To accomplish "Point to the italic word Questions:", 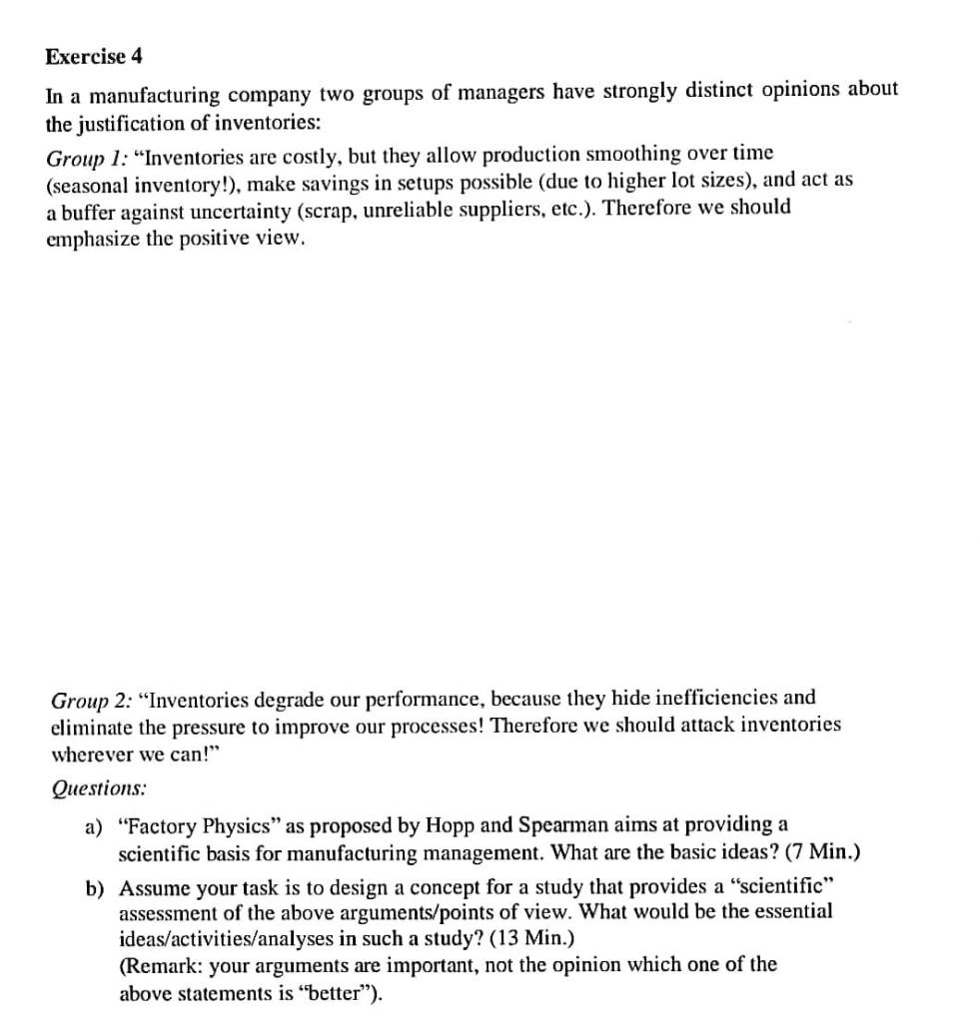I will [99, 787].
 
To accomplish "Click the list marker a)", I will [96, 825].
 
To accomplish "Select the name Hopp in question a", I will [450, 825].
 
